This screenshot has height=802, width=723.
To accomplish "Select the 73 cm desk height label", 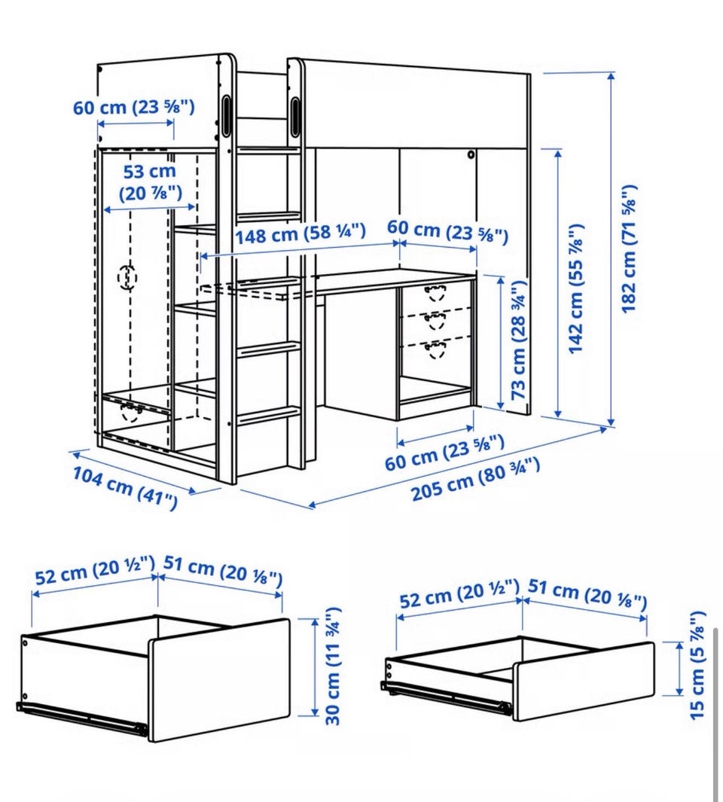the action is click(518, 340).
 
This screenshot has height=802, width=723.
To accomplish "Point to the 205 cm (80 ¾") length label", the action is click(475, 479).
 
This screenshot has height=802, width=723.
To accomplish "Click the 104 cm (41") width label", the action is click(125, 487).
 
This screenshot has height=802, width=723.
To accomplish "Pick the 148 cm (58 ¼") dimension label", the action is click(300, 233).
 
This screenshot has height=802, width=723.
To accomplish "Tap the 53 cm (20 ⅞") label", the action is click(151, 182).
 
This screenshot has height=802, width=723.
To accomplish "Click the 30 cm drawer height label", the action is click(333, 666).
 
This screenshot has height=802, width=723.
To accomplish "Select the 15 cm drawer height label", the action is click(697, 666).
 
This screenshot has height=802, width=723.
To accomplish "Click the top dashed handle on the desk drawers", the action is click(435, 294).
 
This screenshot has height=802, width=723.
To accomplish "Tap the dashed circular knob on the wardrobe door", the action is click(127, 277).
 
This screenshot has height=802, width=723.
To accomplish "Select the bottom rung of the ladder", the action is click(268, 416).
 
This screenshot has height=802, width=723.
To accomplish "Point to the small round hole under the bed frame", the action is click(470, 154).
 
